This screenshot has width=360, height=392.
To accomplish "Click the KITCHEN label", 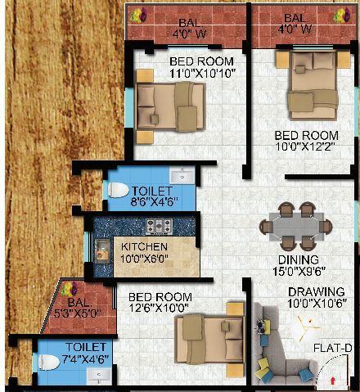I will (145, 246).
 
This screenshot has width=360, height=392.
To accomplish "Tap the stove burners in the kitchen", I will (157, 226).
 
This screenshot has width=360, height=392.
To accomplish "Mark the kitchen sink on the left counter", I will (104, 249).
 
